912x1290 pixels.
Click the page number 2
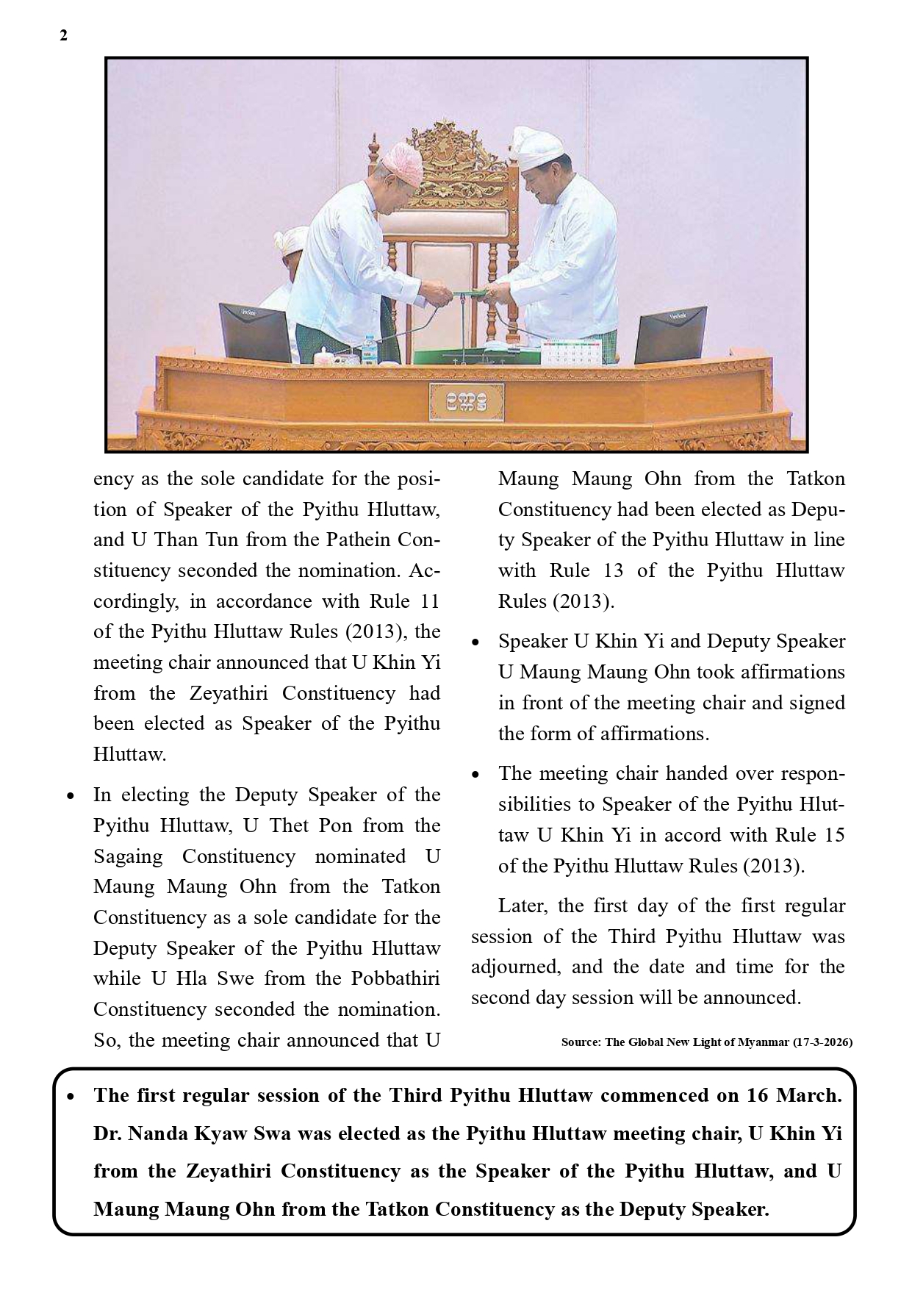[x=63, y=36]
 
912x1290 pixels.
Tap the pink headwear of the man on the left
[x=400, y=162]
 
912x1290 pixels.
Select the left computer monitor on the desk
[x=255, y=332]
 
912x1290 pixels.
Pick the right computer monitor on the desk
[x=670, y=335]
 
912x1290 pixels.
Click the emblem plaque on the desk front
[x=466, y=401]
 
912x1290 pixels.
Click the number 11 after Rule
[x=429, y=601]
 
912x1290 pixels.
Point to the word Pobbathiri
[x=395, y=978]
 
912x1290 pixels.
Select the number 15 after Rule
[x=830, y=835]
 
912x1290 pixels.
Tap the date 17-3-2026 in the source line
[x=822, y=1042]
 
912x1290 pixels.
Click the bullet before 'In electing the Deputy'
[x=71, y=795]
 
